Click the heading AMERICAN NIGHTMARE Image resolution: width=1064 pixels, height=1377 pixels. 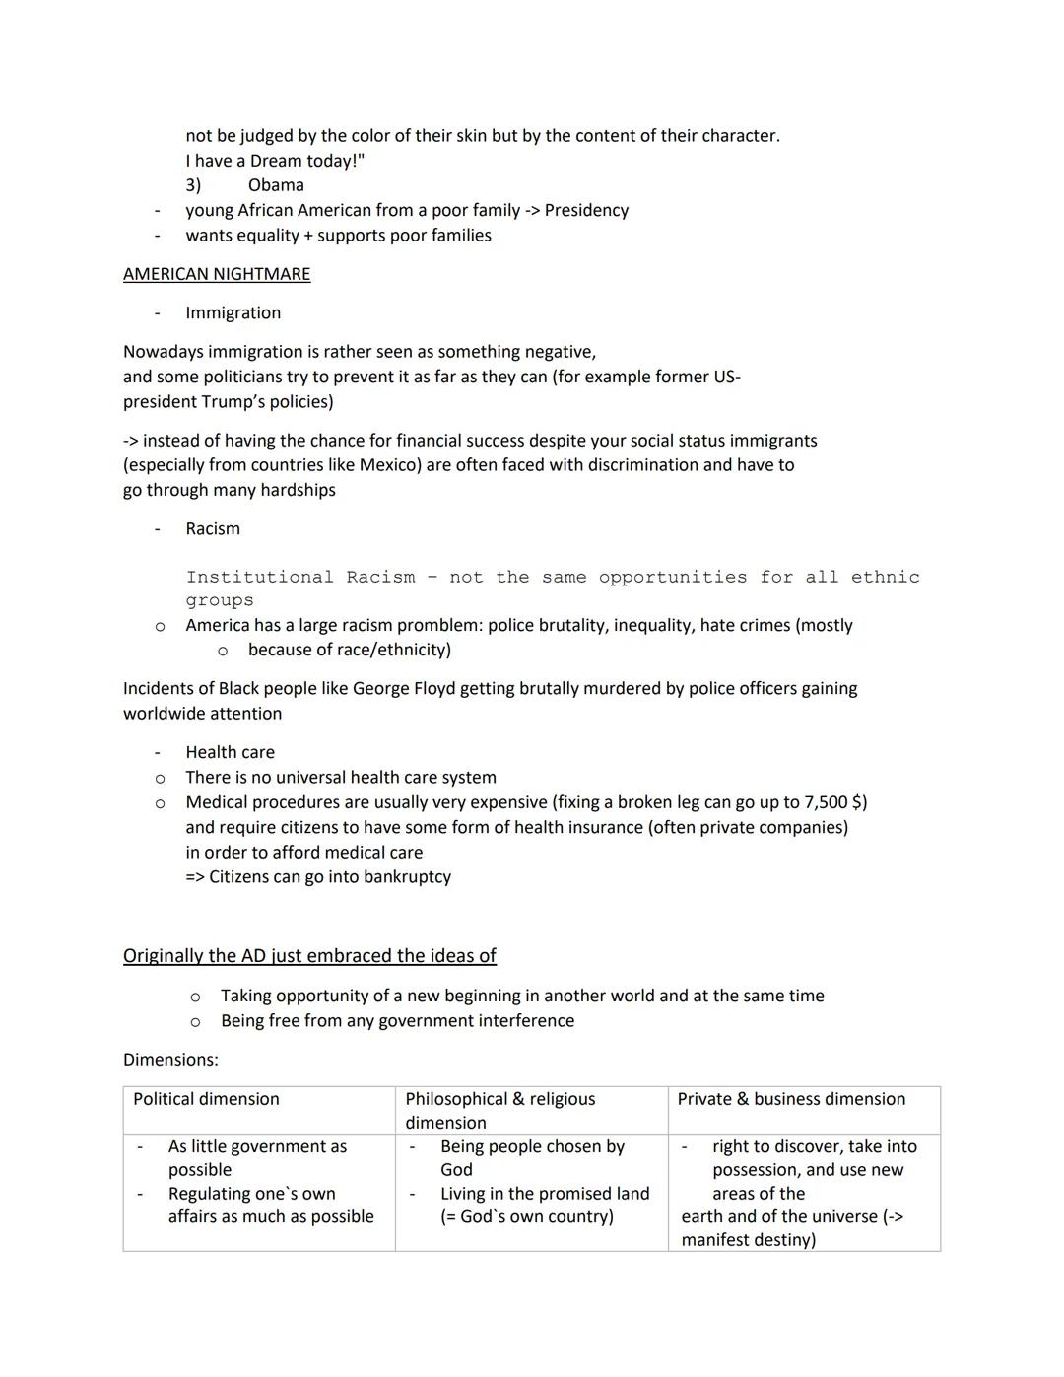216,274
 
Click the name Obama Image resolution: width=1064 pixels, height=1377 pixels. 276,185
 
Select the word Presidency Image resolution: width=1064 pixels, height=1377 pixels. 586,210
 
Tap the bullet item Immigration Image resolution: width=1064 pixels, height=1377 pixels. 233,312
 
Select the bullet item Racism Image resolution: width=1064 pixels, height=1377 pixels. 213,529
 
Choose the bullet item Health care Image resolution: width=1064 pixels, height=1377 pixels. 230,752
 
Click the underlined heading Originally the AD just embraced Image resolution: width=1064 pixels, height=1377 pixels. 309,955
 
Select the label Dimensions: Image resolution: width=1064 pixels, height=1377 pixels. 170,1060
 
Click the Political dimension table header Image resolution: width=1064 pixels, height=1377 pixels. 206,1099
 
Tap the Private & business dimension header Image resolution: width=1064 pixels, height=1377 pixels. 791,1099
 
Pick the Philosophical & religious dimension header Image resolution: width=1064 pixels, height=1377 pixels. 499,1110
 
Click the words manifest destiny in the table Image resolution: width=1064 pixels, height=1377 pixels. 748,1240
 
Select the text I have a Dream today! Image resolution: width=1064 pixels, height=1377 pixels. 274,161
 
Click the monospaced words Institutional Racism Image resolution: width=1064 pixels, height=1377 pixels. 299,577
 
